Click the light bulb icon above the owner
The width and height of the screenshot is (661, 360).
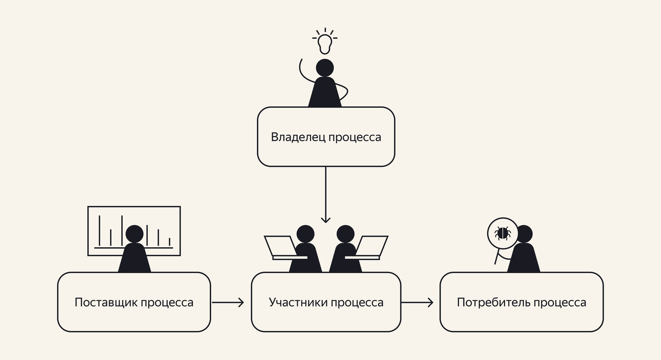pyautogui.click(x=325, y=43)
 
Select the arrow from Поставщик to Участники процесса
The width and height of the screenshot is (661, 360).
pyautogui.click(x=227, y=302)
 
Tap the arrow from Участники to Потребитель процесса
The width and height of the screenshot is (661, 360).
pyautogui.click(x=417, y=302)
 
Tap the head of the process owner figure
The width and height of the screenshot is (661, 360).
pyautogui.click(x=325, y=68)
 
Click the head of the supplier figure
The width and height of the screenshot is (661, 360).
pyautogui.click(x=134, y=234)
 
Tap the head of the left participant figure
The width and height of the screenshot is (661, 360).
pyautogui.click(x=305, y=234)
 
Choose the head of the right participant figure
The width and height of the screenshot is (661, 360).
pyautogui.click(x=345, y=234)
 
